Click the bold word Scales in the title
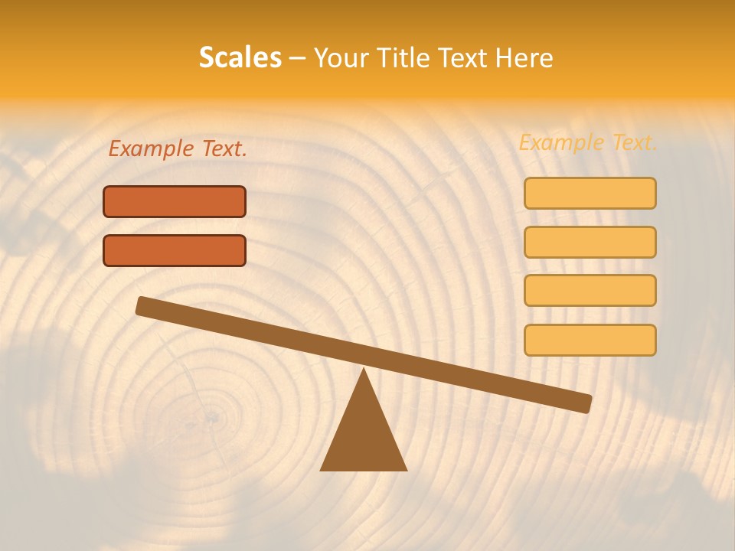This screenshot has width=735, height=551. point(240,58)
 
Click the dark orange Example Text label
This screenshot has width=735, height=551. point(178,149)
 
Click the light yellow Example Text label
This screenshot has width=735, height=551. point(588,142)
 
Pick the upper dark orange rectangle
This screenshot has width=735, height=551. point(175,201)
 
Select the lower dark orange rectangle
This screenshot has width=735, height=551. point(175,250)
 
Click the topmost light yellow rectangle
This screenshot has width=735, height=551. point(590,193)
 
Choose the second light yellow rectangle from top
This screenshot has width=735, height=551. point(590,242)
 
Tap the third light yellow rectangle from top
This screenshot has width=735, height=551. point(590,291)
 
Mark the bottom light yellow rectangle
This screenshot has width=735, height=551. point(590,340)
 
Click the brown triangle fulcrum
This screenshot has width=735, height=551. point(364,436)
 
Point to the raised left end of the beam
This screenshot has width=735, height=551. point(142,305)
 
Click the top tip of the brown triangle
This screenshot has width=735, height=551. point(364,370)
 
